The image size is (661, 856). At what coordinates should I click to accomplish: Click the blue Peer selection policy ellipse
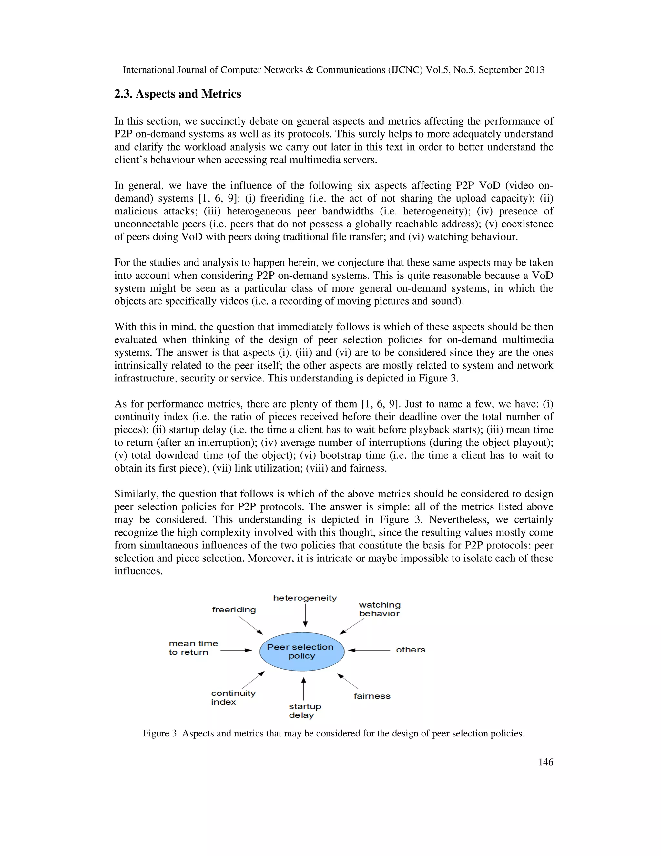(x=301, y=652)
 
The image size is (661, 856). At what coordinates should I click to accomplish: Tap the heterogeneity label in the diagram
(x=305, y=598)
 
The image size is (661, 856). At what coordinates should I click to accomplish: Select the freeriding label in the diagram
(x=234, y=610)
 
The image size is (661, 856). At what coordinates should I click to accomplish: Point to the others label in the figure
(x=411, y=650)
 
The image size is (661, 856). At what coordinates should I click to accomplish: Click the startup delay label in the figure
(x=305, y=711)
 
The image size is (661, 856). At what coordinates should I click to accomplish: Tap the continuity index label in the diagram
(x=233, y=697)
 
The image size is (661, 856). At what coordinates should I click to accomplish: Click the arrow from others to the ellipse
(x=369, y=650)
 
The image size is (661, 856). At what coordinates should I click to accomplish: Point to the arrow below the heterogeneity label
(x=305, y=615)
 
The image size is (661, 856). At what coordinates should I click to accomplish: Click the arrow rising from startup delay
(x=303, y=689)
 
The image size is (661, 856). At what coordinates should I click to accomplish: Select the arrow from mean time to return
(x=236, y=650)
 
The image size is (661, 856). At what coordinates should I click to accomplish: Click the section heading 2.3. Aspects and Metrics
(x=178, y=94)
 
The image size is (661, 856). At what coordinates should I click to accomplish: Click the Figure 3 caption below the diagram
(x=333, y=733)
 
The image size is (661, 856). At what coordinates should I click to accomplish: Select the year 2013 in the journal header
(x=534, y=70)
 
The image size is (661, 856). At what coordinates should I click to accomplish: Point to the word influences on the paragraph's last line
(x=138, y=571)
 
